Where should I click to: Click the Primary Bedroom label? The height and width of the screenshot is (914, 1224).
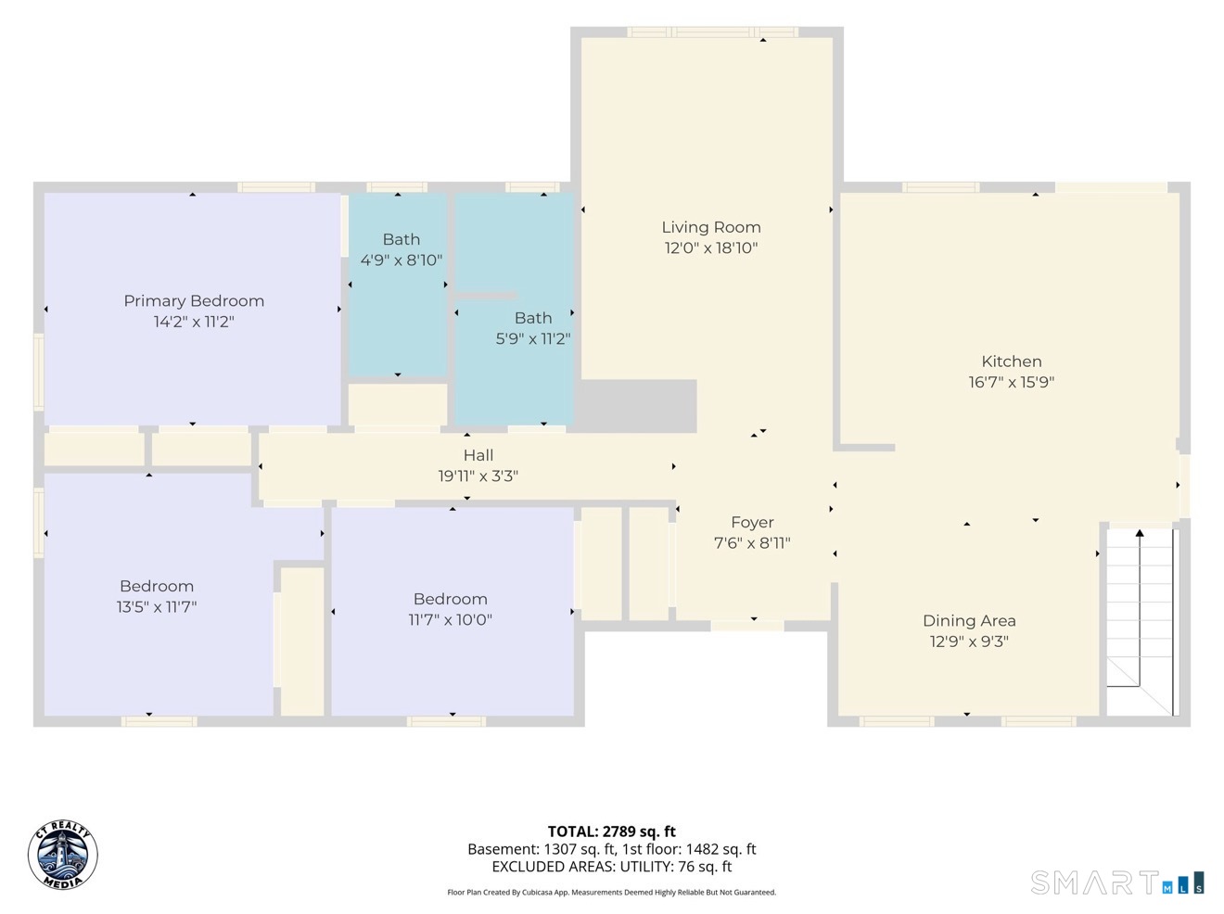coord(194,301)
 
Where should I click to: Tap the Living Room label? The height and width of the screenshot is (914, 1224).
coord(711,227)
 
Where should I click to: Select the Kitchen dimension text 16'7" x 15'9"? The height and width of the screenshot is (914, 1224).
coord(1012,382)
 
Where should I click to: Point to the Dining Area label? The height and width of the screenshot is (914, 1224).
coord(969,620)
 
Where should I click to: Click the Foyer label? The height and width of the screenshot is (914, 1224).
coord(752,522)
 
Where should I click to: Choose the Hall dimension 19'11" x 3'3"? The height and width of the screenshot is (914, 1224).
coord(478,476)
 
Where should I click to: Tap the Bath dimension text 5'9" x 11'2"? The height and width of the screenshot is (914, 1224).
coord(533,339)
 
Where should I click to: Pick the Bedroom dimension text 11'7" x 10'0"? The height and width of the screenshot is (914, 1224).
coord(451,620)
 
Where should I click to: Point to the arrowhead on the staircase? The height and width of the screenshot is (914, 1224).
coord(1140,533)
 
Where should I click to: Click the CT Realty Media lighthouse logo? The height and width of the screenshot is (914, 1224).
coord(63,855)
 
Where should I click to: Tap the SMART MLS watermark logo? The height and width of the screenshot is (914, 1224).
coord(1117,882)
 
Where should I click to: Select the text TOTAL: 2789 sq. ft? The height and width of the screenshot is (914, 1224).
coord(612,831)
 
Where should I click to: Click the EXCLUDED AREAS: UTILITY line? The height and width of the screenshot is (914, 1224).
coord(612,867)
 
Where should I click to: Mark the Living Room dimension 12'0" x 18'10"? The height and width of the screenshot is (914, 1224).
coord(711,248)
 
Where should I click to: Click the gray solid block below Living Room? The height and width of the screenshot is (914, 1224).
coord(636,406)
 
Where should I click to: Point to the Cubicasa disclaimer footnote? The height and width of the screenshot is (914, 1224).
coord(612,893)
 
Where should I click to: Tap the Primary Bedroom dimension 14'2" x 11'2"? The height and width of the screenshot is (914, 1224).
coord(194,322)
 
